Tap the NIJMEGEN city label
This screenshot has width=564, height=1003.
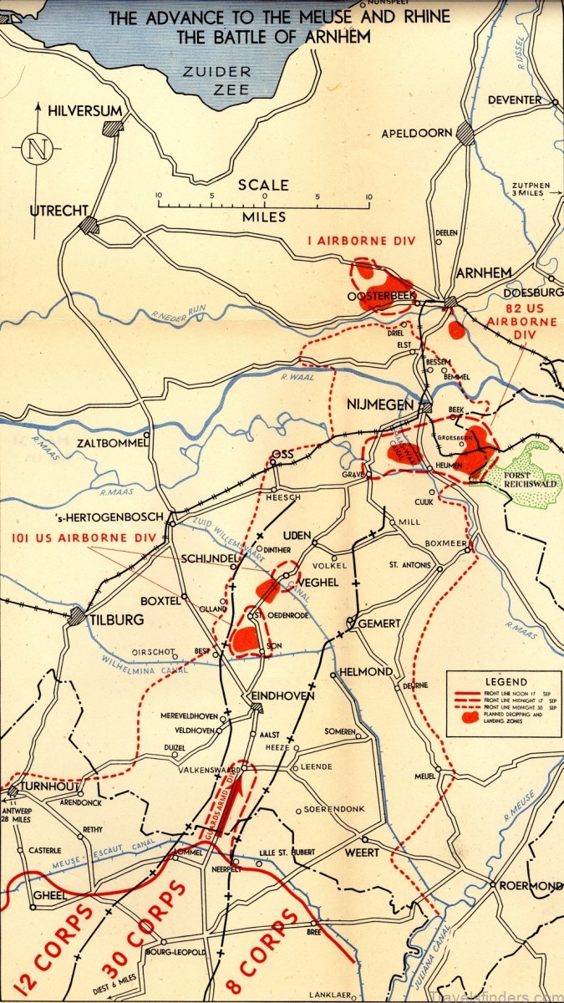pos(380,405)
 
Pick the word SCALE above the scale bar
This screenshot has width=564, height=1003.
pos(262,186)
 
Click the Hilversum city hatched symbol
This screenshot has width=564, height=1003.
pos(112,128)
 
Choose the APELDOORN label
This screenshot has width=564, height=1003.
pos(417,133)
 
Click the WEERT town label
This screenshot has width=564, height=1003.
pos(361,853)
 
